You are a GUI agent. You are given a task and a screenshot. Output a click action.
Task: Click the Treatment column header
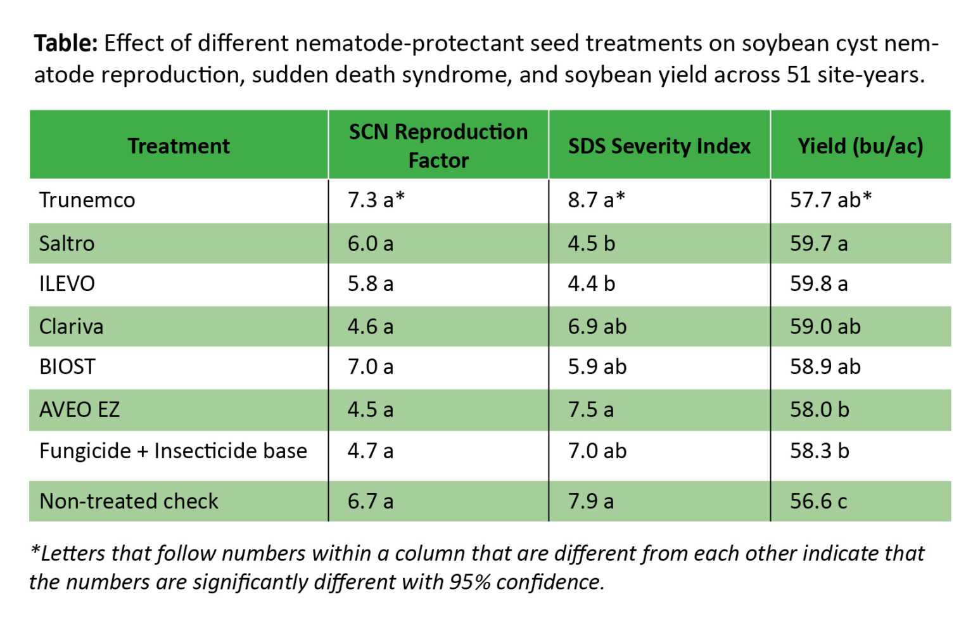tap(179, 146)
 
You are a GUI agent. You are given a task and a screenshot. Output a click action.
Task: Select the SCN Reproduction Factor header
tap(438, 146)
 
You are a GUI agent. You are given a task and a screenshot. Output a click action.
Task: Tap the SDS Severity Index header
tap(659, 146)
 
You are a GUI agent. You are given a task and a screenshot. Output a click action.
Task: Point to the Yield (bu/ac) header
tap(860, 146)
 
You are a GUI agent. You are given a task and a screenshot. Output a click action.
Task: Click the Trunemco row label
tap(87, 200)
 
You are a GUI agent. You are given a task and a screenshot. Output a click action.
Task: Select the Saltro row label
tap(67, 243)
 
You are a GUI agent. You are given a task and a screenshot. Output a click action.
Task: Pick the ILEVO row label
tap(67, 283)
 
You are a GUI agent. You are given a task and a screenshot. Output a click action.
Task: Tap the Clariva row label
tap(71, 326)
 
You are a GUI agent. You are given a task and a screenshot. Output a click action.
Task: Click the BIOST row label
tap(67, 367)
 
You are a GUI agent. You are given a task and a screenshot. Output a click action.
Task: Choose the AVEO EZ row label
tap(79, 409)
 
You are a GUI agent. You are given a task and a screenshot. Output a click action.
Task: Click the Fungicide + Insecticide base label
tap(173, 451)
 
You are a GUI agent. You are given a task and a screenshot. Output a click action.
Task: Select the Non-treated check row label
tap(129, 501)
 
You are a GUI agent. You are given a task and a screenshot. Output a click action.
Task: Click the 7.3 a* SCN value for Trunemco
tap(376, 200)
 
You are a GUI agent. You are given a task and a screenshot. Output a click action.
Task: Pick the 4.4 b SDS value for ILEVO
tap(591, 283)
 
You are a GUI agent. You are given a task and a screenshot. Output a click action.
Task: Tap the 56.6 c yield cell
tap(818, 501)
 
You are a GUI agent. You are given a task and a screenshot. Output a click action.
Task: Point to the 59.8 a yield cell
tap(818, 283)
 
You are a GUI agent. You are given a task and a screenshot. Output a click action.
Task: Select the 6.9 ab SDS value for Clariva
tap(597, 326)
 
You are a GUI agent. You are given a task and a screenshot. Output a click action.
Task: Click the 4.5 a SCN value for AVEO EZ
tap(370, 409)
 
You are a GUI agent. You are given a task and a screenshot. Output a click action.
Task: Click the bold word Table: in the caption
tap(66, 44)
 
